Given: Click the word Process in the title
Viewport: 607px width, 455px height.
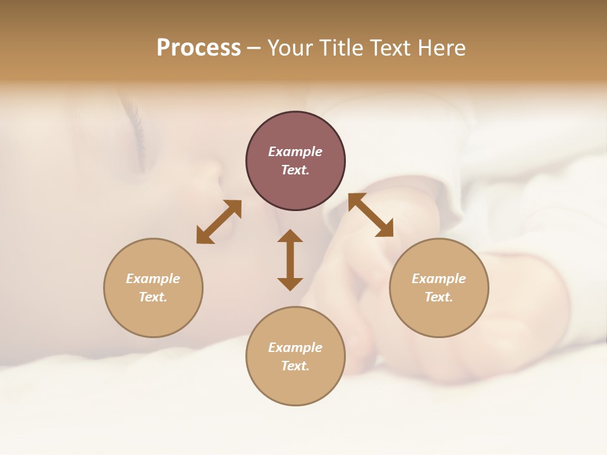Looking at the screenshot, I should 199,48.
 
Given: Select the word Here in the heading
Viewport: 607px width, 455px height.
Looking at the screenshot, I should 439,48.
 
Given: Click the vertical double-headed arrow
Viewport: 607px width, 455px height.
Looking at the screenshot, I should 290,260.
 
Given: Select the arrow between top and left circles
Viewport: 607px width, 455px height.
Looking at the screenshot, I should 219,222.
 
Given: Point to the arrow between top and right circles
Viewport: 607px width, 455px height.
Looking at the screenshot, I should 371,215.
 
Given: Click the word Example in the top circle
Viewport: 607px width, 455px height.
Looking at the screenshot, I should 295,152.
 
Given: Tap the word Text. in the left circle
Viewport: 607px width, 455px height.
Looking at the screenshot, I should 153,297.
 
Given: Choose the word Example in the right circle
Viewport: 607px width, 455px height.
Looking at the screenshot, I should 439,279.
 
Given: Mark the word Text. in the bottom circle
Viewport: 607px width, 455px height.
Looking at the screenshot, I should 295,366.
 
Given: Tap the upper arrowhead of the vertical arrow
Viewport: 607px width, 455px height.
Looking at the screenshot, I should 290,236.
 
